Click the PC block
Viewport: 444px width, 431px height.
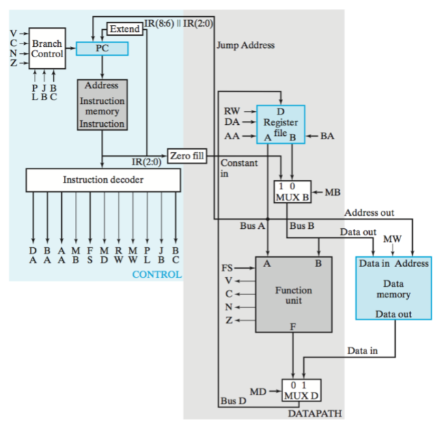pos(102,49)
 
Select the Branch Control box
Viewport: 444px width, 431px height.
pos(48,49)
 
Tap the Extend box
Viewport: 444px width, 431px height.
pos(124,29)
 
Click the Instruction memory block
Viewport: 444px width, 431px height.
pos(102,105)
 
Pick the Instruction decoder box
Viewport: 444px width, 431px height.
pos(103,180)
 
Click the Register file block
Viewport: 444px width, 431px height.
pos(280,124)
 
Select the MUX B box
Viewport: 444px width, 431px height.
pos(291,192)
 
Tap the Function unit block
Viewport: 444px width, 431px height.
pos(293,294)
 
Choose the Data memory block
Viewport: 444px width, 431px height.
pos(393,289)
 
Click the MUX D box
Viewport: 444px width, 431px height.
pos(301,391)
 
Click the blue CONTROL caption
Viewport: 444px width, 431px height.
pos(156,274)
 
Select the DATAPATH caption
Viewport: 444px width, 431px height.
pos(314,413)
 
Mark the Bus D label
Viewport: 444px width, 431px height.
pos(232,400)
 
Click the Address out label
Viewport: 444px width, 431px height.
pos(368,213)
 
